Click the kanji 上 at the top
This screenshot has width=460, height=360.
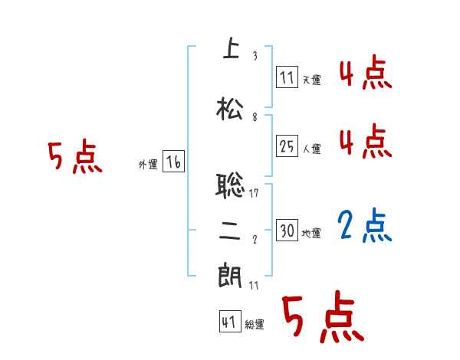(x=230, y=49)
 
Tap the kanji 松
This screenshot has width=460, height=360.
(x=230, y=108)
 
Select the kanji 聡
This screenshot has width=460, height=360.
(x=230, y=185)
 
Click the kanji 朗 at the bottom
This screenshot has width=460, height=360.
(x=230, y=277)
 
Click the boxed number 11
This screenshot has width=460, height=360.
(x=287, y=77)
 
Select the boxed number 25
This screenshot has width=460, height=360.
(x=287, y=146)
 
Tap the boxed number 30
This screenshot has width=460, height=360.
(x=287, y=231)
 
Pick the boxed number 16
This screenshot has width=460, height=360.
(x=173, y=162)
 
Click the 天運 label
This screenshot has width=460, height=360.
(x=311, y=80)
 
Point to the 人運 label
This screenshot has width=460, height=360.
(x=311, y=149)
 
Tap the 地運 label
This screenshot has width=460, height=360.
(x=311, y=233)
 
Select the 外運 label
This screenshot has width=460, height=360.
(x=148, y=164)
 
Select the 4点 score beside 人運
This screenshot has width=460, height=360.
(x=365, y=140)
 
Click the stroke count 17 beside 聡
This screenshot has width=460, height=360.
(x=254, y=193)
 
